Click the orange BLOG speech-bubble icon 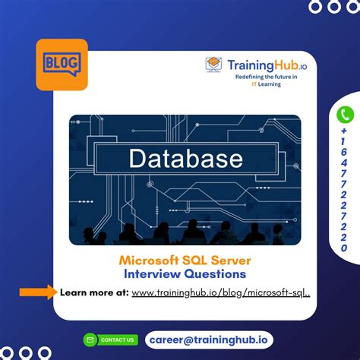click(62, 64)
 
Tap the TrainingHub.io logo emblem click(214, 65)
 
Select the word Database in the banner click(185, 159)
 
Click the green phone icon click(346, 115)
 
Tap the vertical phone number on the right click(346, 190)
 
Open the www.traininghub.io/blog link click(221, 292)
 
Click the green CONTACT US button click(111, 339)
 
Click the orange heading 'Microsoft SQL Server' click(185, 261)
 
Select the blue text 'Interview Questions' click(185, 274)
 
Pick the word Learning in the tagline click(267, 84)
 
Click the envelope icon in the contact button click(90, 339)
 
